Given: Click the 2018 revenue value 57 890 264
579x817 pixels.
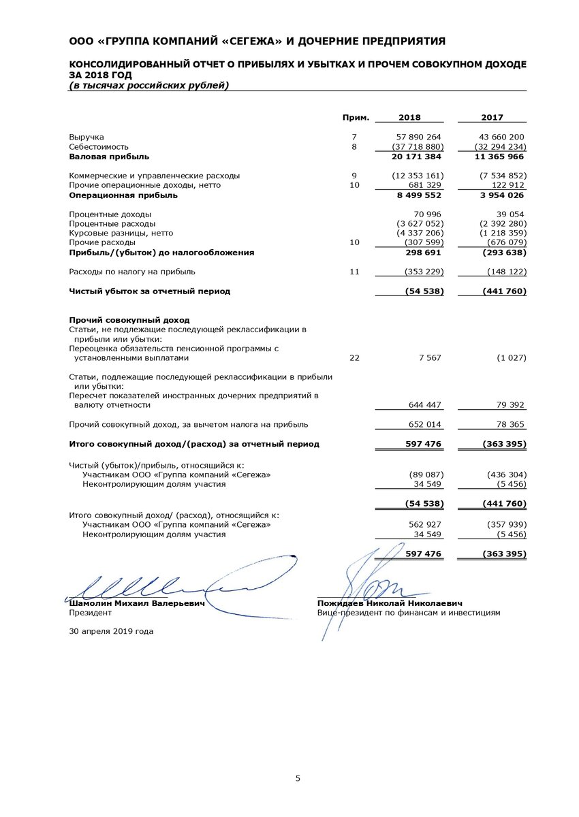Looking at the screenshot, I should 418,137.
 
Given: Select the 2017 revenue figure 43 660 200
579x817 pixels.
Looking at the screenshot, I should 501,137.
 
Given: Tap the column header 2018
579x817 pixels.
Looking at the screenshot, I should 409,117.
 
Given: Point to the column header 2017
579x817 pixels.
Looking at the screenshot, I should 492,117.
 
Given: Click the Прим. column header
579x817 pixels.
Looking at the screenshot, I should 356,117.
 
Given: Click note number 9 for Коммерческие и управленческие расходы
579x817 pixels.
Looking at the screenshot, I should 354,176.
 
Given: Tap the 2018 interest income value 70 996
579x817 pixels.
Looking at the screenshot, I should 424,214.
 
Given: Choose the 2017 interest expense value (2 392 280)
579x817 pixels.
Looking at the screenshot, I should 498,223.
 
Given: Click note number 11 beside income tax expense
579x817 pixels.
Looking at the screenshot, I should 354,272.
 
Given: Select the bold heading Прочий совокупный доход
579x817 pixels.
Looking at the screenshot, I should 129,320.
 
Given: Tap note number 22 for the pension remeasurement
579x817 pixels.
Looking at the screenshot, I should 354,357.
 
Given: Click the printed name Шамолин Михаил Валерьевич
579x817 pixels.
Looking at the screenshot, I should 136,603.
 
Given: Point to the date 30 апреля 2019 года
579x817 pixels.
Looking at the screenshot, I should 111,631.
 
